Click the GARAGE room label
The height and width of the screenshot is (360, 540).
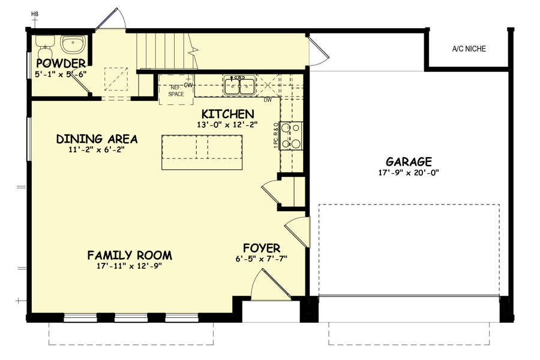coord(409,161)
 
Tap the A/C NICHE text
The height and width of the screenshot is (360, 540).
coord(469,49)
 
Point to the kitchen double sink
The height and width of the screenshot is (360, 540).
coord(239,86)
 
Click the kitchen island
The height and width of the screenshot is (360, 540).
coord(202,154)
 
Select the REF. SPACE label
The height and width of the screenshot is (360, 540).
coord(176,91)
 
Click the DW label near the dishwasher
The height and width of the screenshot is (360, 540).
coord(268,100)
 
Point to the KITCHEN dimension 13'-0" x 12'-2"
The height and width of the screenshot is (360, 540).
coord(227,125)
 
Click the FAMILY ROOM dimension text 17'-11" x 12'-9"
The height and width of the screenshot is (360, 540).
coord(130,266)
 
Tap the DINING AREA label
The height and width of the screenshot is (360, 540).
coord(97,139)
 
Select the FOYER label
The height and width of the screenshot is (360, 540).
coord(261,248)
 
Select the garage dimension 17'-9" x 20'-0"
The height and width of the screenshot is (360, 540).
coord(409,173)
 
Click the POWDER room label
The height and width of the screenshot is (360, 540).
coord(61,63)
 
